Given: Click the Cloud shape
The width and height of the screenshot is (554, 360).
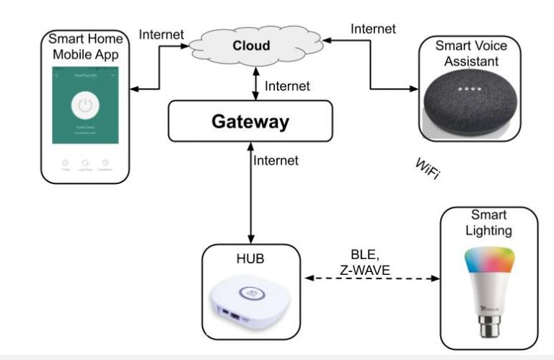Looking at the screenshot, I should (251, 45).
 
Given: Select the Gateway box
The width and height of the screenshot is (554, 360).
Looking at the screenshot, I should (250, 121).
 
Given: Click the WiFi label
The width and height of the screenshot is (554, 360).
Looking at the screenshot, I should (428, 169).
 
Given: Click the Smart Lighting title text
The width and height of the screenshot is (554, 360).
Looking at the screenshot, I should (489, 223).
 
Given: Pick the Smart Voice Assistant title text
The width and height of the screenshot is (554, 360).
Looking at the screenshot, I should (470, 53).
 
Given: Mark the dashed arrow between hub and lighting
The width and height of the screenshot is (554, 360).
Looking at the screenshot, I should (371, 278).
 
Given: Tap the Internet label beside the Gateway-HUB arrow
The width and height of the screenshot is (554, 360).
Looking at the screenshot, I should (276, 161).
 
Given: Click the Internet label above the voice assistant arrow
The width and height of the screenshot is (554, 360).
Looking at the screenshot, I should (373, 29).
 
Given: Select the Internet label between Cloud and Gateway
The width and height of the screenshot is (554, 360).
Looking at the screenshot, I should (287, 86).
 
